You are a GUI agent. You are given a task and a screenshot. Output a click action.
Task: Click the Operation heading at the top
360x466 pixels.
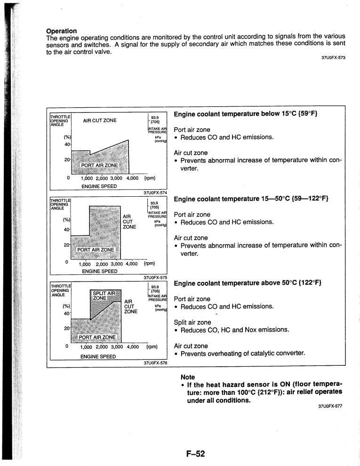[61, 31]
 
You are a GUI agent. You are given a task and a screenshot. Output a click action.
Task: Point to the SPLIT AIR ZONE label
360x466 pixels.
[104, 296]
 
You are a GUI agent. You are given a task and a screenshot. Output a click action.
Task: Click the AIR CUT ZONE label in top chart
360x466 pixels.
[100, 121]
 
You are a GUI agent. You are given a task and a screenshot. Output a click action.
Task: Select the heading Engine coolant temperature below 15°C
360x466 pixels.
[245, 114]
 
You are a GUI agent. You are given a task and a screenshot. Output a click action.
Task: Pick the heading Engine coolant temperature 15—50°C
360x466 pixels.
[251, 199]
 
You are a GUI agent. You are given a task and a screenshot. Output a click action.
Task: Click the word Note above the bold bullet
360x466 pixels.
[188, 377]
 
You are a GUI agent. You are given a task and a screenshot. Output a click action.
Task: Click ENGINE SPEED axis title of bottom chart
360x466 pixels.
[98, 356]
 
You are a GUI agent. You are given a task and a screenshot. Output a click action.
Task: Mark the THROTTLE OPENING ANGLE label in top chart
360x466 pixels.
[60, 121]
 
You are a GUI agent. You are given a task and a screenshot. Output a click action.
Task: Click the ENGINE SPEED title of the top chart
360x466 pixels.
[98, 186]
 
